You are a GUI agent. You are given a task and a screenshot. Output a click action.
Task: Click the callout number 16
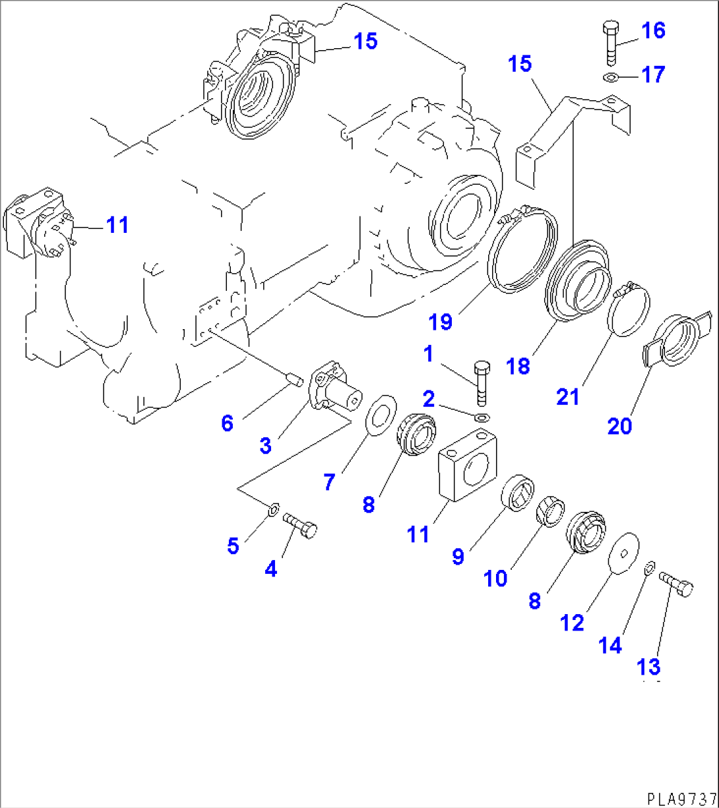pos(654,30)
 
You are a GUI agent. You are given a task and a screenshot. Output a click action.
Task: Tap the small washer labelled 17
pos(611,78)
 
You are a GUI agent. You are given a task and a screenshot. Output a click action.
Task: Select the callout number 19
pos(441,322)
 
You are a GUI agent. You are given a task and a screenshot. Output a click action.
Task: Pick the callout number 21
pos(568,396)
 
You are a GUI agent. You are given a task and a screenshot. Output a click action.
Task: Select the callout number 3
pos(265,445)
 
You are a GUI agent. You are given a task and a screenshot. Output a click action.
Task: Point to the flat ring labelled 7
pos(381,416)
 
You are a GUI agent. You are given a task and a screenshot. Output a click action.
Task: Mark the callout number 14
pos(610,645)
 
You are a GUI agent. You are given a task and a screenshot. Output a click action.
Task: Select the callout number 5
pos(232,546)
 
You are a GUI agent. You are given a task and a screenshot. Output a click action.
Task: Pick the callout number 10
pos(495,578)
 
